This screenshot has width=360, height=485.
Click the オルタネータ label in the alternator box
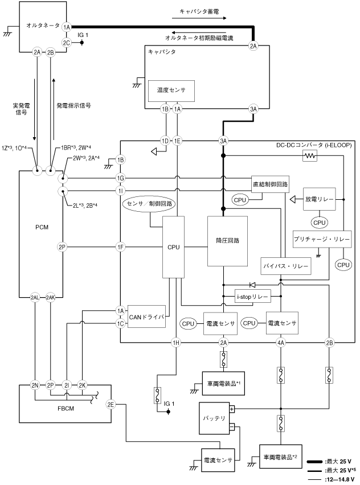tap(42, 26)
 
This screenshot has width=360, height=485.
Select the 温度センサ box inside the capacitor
tap(167, 90)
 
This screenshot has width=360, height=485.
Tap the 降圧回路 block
tap(227, 241)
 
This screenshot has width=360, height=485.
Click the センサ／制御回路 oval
tap(151, 203)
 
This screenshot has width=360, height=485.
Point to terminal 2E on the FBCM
tap(111, 405)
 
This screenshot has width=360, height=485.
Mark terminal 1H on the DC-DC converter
tap(177, 342)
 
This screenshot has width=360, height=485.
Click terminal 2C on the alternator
tap(67, 42)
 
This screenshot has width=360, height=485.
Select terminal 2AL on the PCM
tap(35, 297)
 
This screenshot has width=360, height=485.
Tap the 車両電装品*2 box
tap(280, 456)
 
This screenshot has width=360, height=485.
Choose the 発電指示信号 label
tap(74, 105)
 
